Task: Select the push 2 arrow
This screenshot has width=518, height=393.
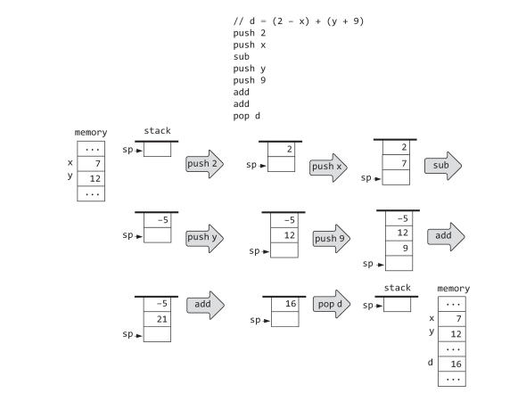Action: [x=203, y=164]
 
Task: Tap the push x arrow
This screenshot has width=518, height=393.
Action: [x=327, y=166]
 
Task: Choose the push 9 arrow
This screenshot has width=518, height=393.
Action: [x=330, y=238]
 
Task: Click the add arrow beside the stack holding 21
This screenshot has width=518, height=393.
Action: [x=204, y=305]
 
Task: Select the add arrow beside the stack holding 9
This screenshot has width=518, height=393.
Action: [x=445, y=235]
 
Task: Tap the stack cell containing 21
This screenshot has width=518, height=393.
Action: [x=157, y=318]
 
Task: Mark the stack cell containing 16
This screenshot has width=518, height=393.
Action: [x=284, y=304]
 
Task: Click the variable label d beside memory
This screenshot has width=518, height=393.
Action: [x=432, y=363]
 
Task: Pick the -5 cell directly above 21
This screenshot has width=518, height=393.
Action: [x=157, y=304]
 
